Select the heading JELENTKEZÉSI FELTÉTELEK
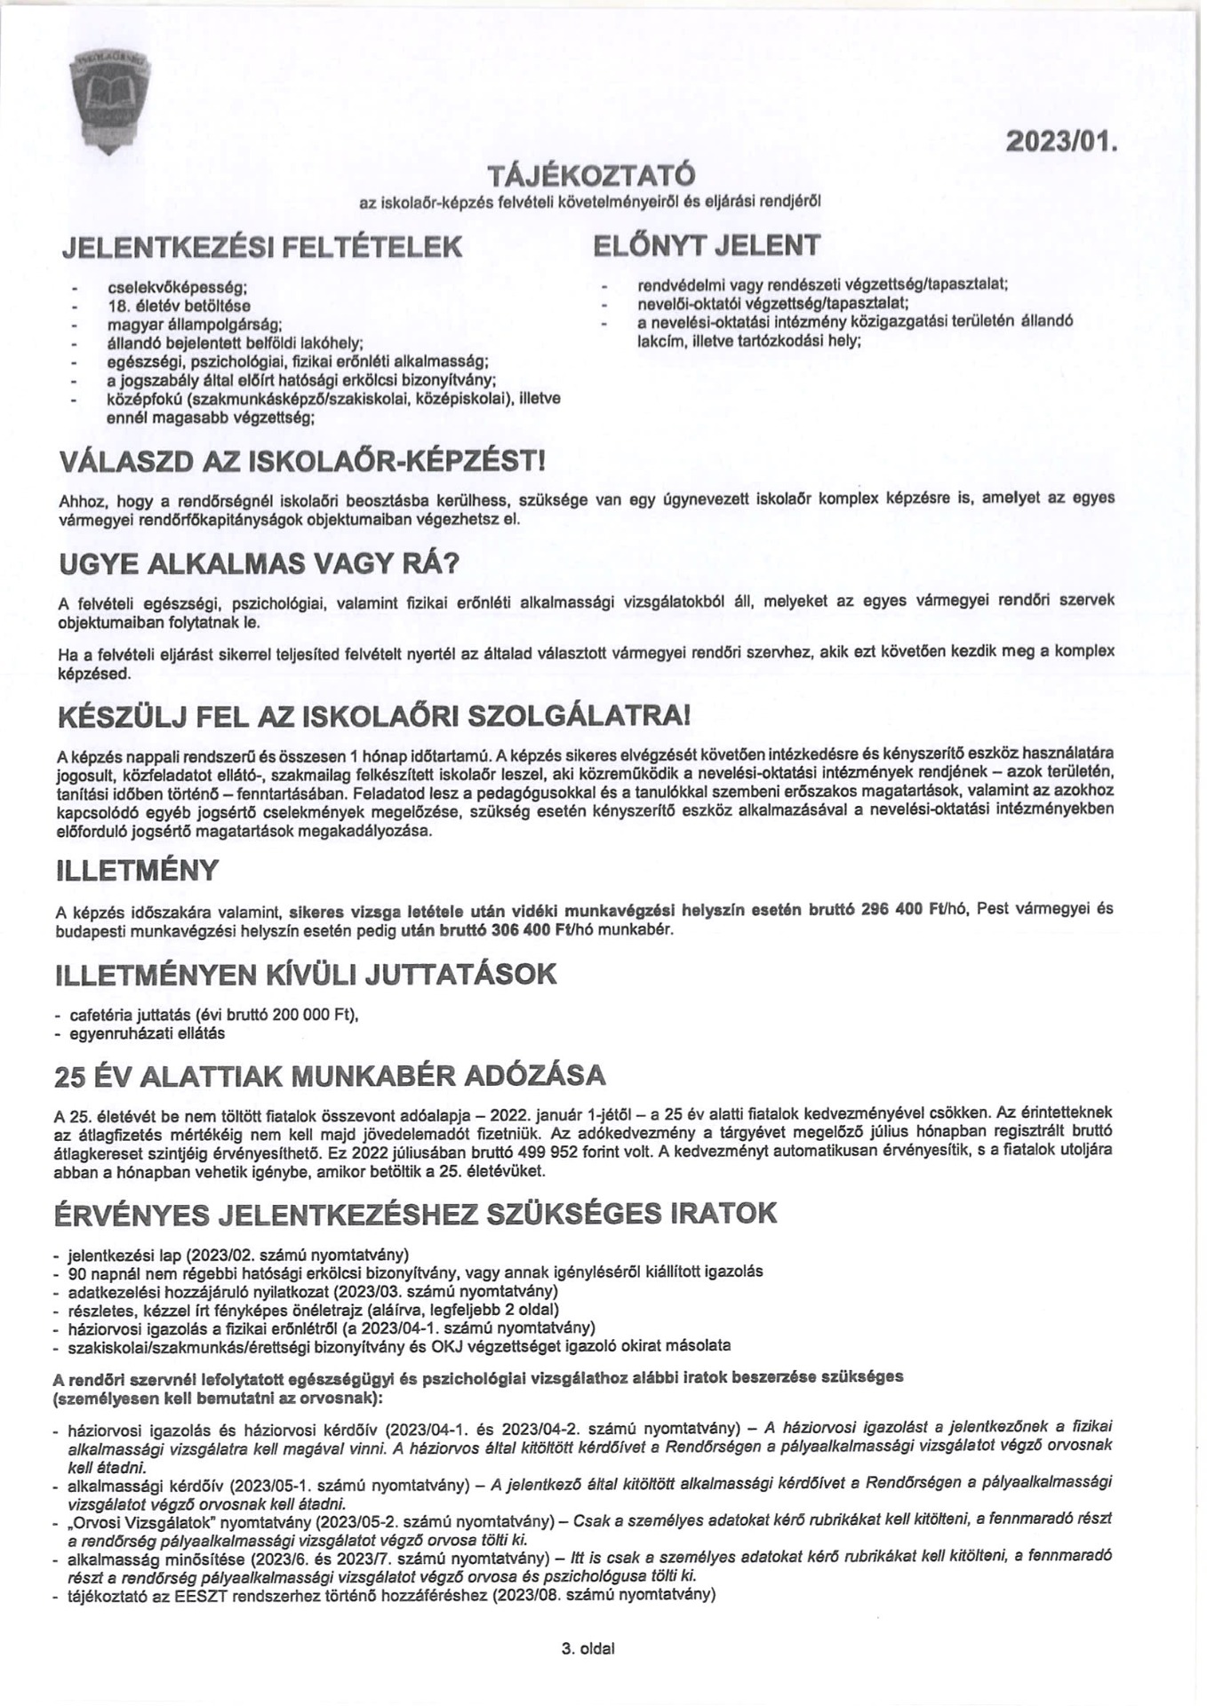(x=262, y=246)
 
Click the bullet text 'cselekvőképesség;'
(x=177, y=288)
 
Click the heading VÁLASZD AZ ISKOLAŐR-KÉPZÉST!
(x=301, y=462)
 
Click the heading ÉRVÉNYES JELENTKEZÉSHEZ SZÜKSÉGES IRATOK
(x=415, y=1213)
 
